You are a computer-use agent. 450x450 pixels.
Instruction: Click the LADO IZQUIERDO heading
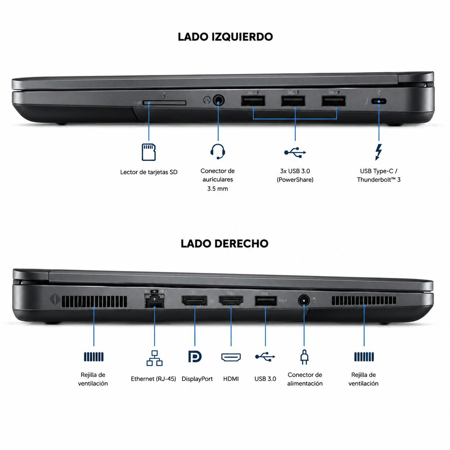click(225, 37)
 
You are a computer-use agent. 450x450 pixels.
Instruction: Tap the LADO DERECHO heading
click(224, 244)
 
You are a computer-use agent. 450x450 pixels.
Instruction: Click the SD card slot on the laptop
click(164, 103)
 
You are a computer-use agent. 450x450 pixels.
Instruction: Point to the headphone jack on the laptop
click(219, 100)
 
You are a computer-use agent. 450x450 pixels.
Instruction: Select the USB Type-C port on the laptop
click(379, 101)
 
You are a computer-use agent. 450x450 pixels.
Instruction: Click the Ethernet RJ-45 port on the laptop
click(154, 301)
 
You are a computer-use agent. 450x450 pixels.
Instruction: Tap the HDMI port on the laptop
click(231, 301)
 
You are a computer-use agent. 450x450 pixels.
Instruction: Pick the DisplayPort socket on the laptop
click(194, 301)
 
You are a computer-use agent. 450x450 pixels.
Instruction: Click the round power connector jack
click(304, 301)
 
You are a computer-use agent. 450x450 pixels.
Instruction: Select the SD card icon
click(149, 152)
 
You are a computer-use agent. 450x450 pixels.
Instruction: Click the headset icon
click(218, 151)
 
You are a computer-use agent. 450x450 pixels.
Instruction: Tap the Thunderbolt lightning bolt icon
click(378, 152)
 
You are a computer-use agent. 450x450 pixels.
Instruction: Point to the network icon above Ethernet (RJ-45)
click(154, 358)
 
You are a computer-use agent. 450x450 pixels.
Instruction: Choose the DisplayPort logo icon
click(195, 357)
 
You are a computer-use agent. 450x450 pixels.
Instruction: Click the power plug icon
click(304, 357)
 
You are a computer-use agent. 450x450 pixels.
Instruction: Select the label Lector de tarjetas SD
click(149, 172)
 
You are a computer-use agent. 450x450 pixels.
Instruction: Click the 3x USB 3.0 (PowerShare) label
click(295, 175)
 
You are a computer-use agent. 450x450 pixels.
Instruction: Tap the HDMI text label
click(231, 379)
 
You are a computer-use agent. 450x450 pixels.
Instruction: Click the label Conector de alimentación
click(305, 379)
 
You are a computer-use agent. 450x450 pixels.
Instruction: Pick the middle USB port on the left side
click(293, 101)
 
